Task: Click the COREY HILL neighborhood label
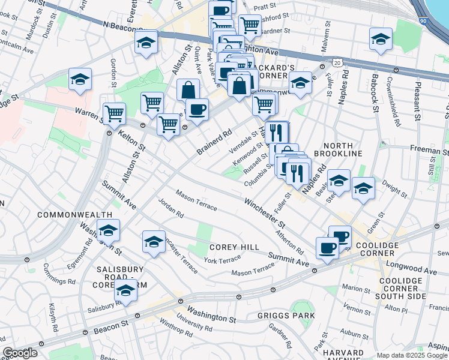234,247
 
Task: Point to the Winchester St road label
264,214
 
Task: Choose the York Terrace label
222,259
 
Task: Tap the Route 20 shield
337,62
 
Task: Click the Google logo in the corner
20,353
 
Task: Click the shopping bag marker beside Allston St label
188,90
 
